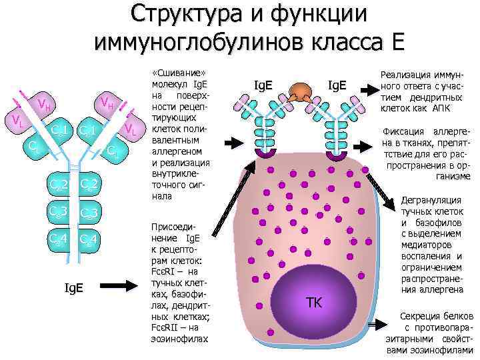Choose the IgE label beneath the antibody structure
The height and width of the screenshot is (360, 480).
coord(73,288)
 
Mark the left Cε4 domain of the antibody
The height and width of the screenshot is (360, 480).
coord(58,239)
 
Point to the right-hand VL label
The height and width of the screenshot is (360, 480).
coord(131,129)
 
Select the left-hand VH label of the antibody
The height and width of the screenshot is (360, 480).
coord(45,104)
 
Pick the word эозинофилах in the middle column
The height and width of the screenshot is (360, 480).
coord(181,338)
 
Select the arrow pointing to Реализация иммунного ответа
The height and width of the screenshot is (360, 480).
coord(367,87)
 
